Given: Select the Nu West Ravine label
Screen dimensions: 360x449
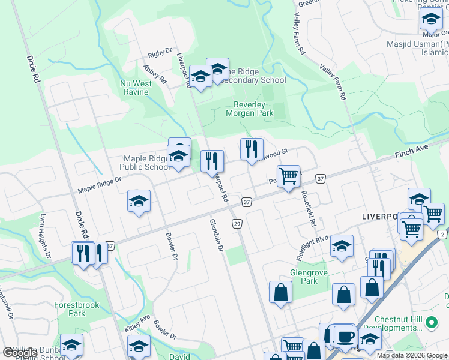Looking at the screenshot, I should point(136,88).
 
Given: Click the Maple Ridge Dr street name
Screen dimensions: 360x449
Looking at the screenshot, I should point(100,185).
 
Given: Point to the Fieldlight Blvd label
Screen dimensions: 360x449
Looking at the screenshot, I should point(312,246).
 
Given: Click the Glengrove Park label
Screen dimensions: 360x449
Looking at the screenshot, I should point(303,277).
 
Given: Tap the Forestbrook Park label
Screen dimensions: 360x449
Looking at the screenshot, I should point(76,309).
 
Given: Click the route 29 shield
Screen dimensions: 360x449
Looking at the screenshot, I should point(238,223).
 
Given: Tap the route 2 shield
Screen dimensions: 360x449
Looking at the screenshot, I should point(442,233).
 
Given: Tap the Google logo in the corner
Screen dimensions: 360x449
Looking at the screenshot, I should point(20,353).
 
